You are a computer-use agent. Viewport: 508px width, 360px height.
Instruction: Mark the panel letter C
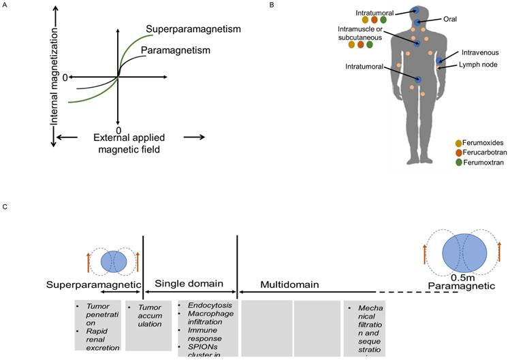pyautogui.click(x=5, y=206)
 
